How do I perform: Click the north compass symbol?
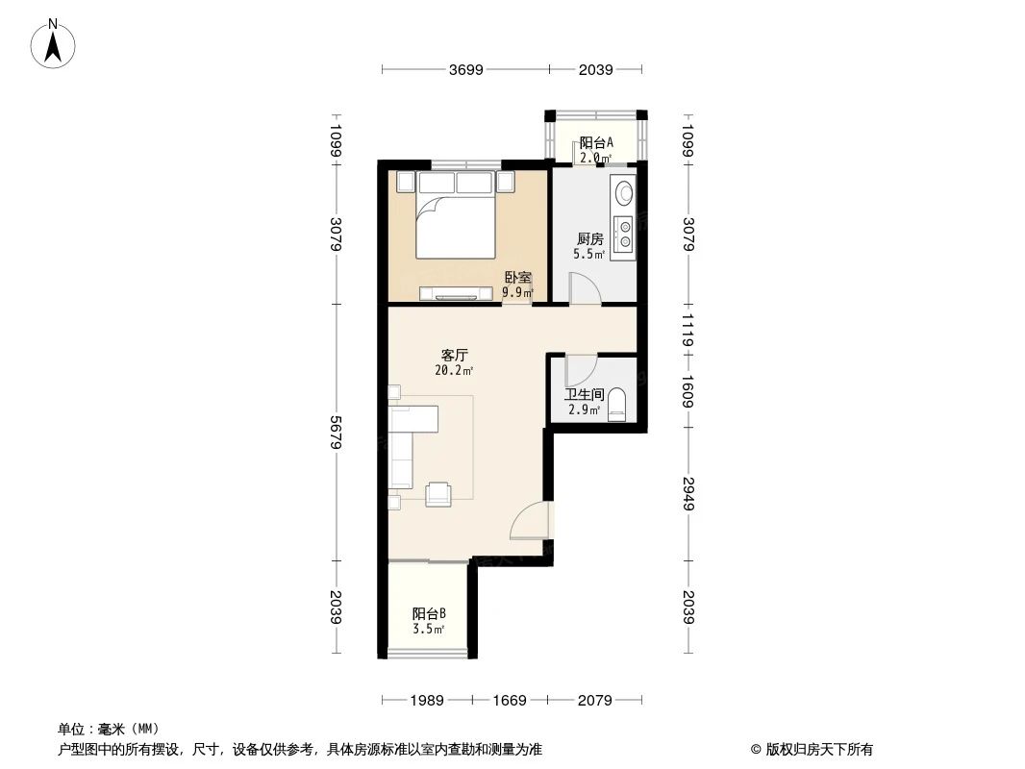point(56,43)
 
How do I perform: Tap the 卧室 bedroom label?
point(517,277)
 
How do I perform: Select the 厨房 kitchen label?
point(589,239)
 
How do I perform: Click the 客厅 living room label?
point(455,355)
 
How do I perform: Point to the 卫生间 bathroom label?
point(584,394)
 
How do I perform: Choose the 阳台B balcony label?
point(429,613)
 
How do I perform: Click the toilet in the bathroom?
point(618,404)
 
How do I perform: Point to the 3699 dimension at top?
point(465,69)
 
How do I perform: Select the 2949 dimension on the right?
point(687,493)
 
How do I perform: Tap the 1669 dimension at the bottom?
point(510,700)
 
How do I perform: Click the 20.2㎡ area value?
point(455,370)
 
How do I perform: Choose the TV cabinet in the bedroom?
point(458,291)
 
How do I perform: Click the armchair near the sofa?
point(439,493)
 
